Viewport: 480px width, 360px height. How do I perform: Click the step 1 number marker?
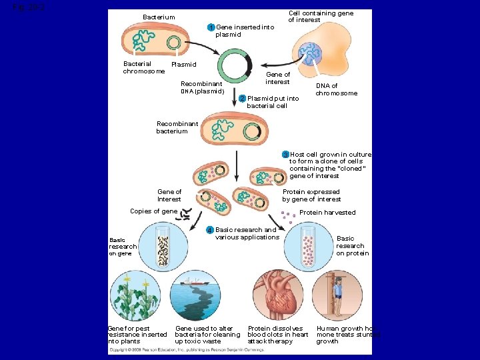211,27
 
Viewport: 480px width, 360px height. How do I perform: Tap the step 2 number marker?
243,99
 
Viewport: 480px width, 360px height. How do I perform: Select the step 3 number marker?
285,154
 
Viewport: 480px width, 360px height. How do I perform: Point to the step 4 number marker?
210,230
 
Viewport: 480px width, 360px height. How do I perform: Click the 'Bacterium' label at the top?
159,17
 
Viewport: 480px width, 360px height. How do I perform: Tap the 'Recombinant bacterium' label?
177,127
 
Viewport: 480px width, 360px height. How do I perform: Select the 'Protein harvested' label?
327,213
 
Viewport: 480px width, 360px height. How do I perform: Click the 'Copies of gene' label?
153,211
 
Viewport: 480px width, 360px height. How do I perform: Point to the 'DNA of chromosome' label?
336,89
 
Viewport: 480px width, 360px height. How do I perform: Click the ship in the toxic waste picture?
197,281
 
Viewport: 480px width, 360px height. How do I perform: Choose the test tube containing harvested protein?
307,246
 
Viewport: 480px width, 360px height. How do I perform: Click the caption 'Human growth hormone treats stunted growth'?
347,335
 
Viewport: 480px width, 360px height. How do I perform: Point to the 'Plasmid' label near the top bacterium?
184,65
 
